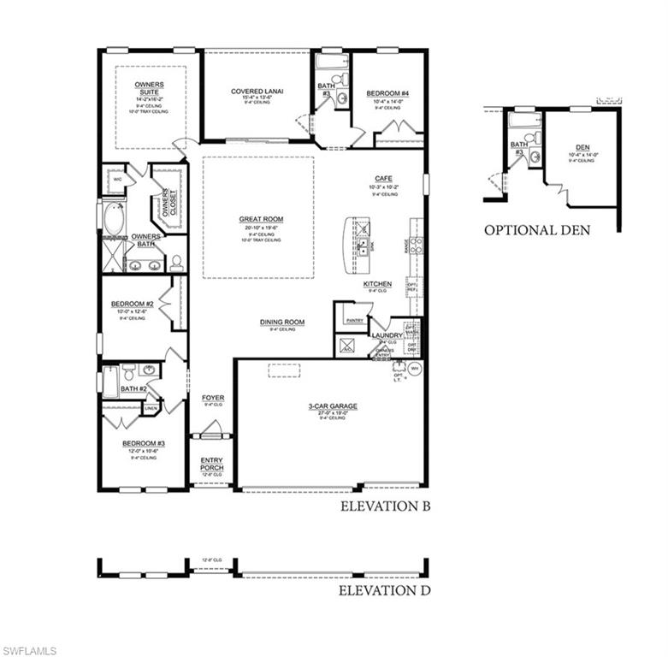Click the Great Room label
pyautogui.click(x=261, y=219)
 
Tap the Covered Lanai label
pyautogui.click(x=257, y=92)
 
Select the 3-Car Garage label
pyautogui.click(x=333, y=406)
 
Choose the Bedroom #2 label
pyautogui.click(x=132, y=304)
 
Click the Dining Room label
pyautogui.click(x=282, y=323)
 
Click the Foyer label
pyautogui.click(x=212, y=399)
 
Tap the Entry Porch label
pyautogui.click(x=211, y=465)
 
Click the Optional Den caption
pyautogui.click(x=536, y=230)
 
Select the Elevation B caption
pyautogui.click(x=385, y=506)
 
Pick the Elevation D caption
pyautogui.click(x=384, y=590)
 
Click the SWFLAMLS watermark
pyautogui.click(x=29, y=650)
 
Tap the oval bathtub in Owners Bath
pyautogui.click(x=113, y=218)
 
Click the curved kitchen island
pyautogui.click(x=352, y=246)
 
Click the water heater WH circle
pyautogui.click(x=415, y=369)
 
